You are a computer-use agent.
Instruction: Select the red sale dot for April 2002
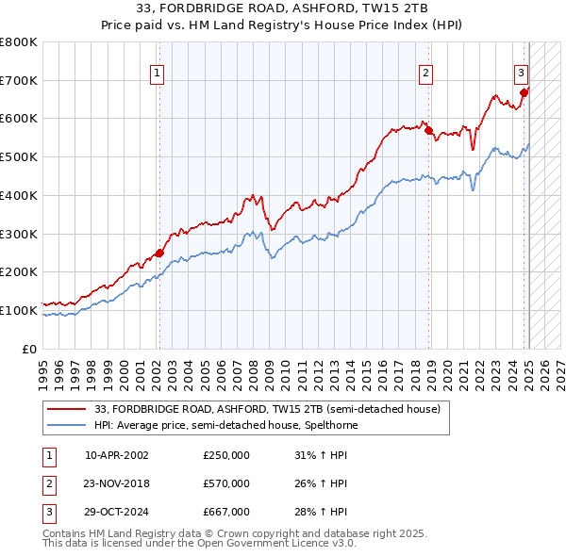[159, 252]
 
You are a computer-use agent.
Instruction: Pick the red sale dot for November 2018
[428, 130]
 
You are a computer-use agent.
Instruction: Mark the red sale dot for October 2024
[524, 92]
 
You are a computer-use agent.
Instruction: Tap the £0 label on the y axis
[29, 349]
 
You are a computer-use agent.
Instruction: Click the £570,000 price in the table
[225, 483]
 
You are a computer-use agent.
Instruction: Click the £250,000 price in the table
[225, 455]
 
